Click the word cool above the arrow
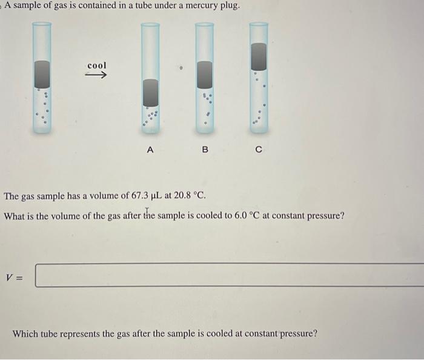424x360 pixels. tap(97, 65)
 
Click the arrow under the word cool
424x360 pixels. tap(96, 76)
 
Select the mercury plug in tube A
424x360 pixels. tap(150, 94)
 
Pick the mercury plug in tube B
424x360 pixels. tap(205, 75)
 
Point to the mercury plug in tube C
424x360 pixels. tap(259, 56)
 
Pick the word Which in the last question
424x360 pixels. tap(25, 333)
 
